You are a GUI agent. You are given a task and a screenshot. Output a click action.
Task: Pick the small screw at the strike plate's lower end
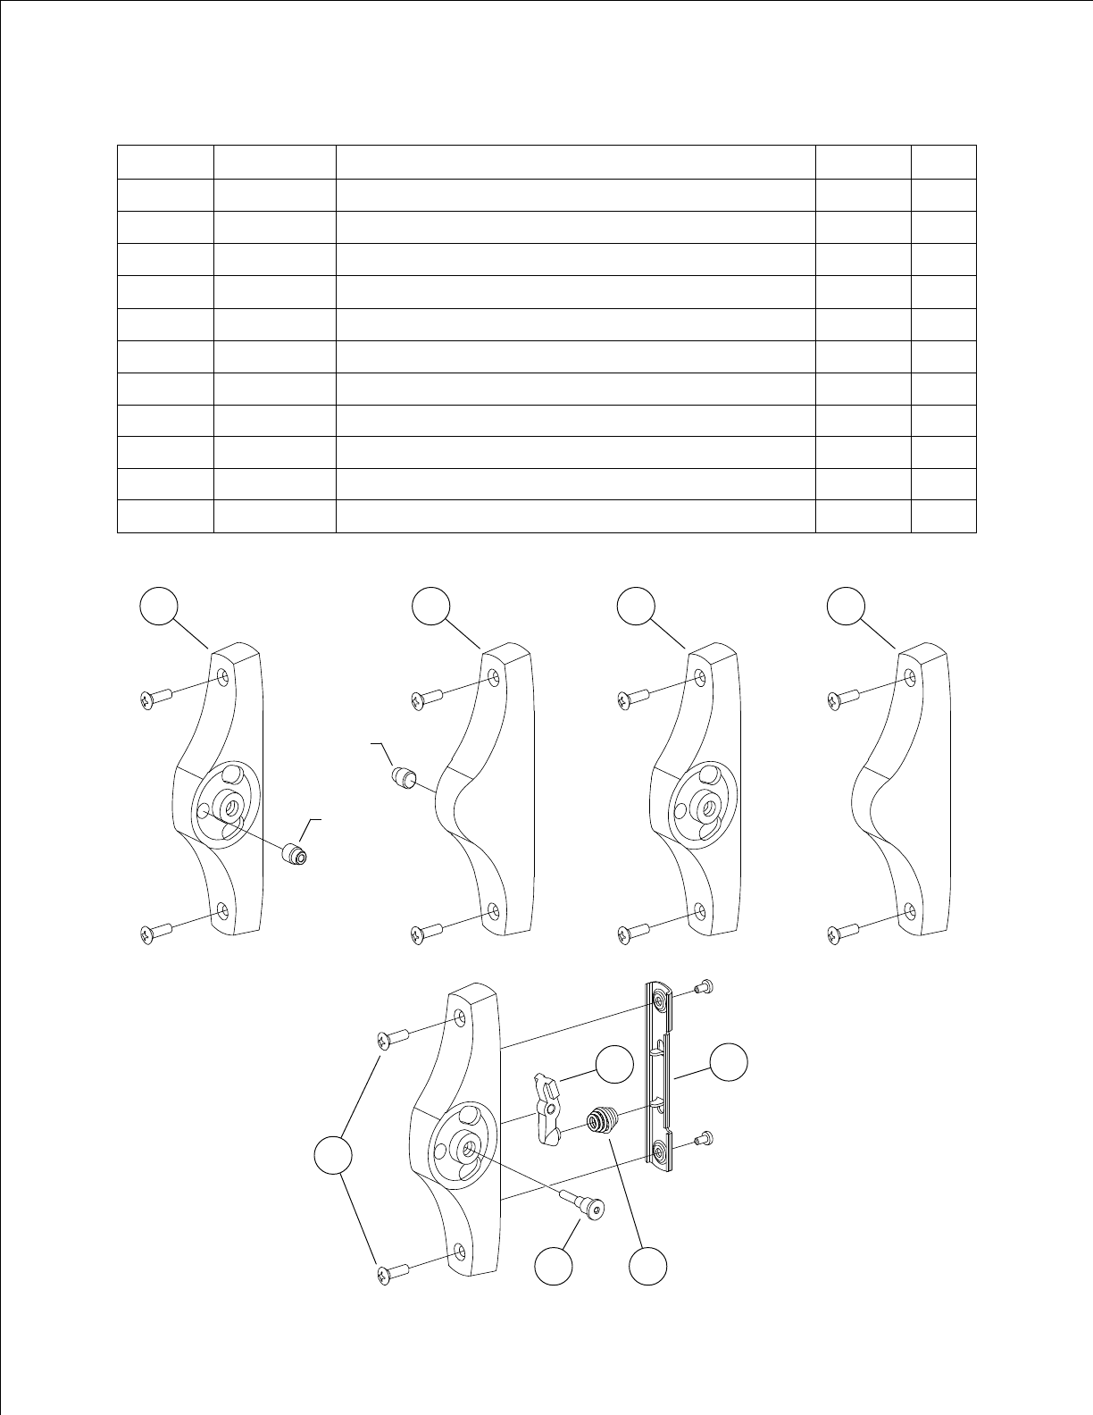700,1140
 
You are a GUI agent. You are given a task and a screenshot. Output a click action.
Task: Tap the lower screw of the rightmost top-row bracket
841,934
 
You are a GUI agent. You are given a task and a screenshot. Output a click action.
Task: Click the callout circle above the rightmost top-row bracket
845,606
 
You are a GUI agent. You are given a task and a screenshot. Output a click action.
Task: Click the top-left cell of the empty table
165,162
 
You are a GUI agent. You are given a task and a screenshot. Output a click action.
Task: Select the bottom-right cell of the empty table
943,517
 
